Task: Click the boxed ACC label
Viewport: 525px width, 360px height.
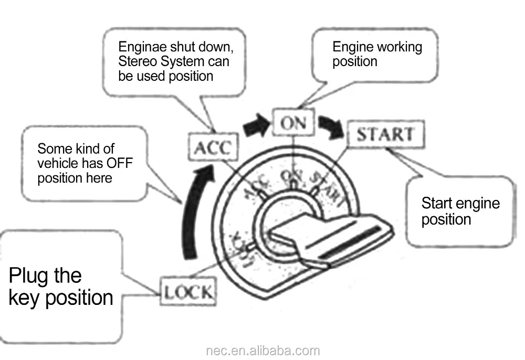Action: (212, 148)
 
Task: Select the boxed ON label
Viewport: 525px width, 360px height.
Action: (293, 123)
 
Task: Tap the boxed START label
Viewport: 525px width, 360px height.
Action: (385, 134)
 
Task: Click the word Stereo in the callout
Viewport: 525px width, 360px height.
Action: (137, 62)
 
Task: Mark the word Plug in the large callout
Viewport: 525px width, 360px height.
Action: (45, 276)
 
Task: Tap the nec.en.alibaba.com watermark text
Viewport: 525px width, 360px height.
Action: (262, 351)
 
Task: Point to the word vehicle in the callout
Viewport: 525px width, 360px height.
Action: (56, 163)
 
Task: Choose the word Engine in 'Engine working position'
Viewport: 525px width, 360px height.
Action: (353, 47)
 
